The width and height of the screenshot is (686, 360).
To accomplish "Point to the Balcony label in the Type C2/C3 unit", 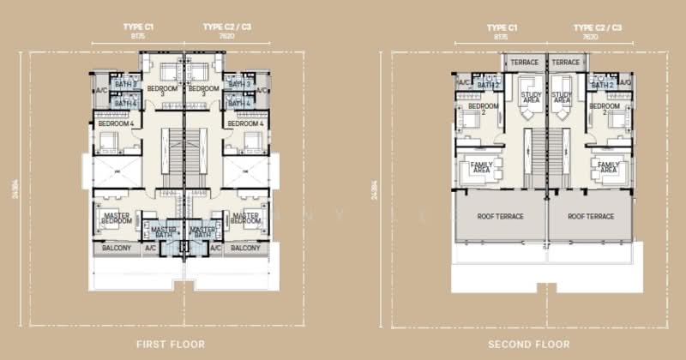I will tap(246, 249).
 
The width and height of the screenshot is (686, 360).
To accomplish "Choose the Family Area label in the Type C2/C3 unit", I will tap(609, 168).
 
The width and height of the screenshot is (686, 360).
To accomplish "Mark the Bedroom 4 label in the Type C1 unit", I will tap(117, 124).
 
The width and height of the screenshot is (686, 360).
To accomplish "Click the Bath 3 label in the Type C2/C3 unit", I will tap(239, 84).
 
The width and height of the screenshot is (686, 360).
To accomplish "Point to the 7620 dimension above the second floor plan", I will tap(590, 37).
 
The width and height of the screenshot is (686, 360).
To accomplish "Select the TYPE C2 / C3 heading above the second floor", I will tap(597, 27).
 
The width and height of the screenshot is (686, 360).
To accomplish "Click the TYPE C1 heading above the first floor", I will tap(140, 27).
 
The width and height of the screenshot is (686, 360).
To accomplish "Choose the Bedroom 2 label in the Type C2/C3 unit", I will tap(604, 108).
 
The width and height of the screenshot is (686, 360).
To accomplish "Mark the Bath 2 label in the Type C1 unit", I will tap(488, 84).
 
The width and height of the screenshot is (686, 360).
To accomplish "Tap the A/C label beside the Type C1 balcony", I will tap(151, 249).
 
